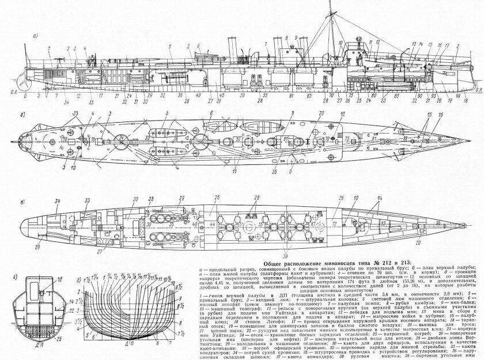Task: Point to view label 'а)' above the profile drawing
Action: (x=36, y=36)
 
